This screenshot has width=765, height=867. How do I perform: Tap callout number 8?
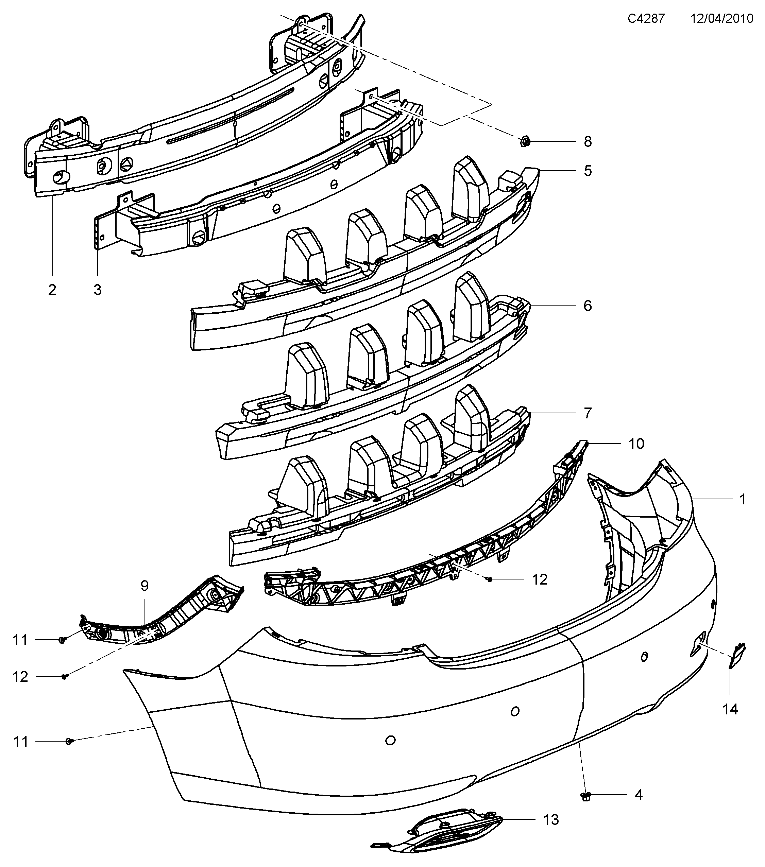[x=587, y=142]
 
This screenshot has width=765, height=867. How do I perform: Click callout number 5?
[x=587, y=171]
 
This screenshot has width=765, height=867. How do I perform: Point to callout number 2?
[x=52, y=290]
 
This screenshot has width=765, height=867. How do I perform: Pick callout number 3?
[x=98, y=290]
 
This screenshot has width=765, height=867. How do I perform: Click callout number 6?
[x=587, y=306]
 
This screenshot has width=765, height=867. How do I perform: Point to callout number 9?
[x=144, y=586]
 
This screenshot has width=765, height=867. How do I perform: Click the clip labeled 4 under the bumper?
[x=586, y=797]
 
